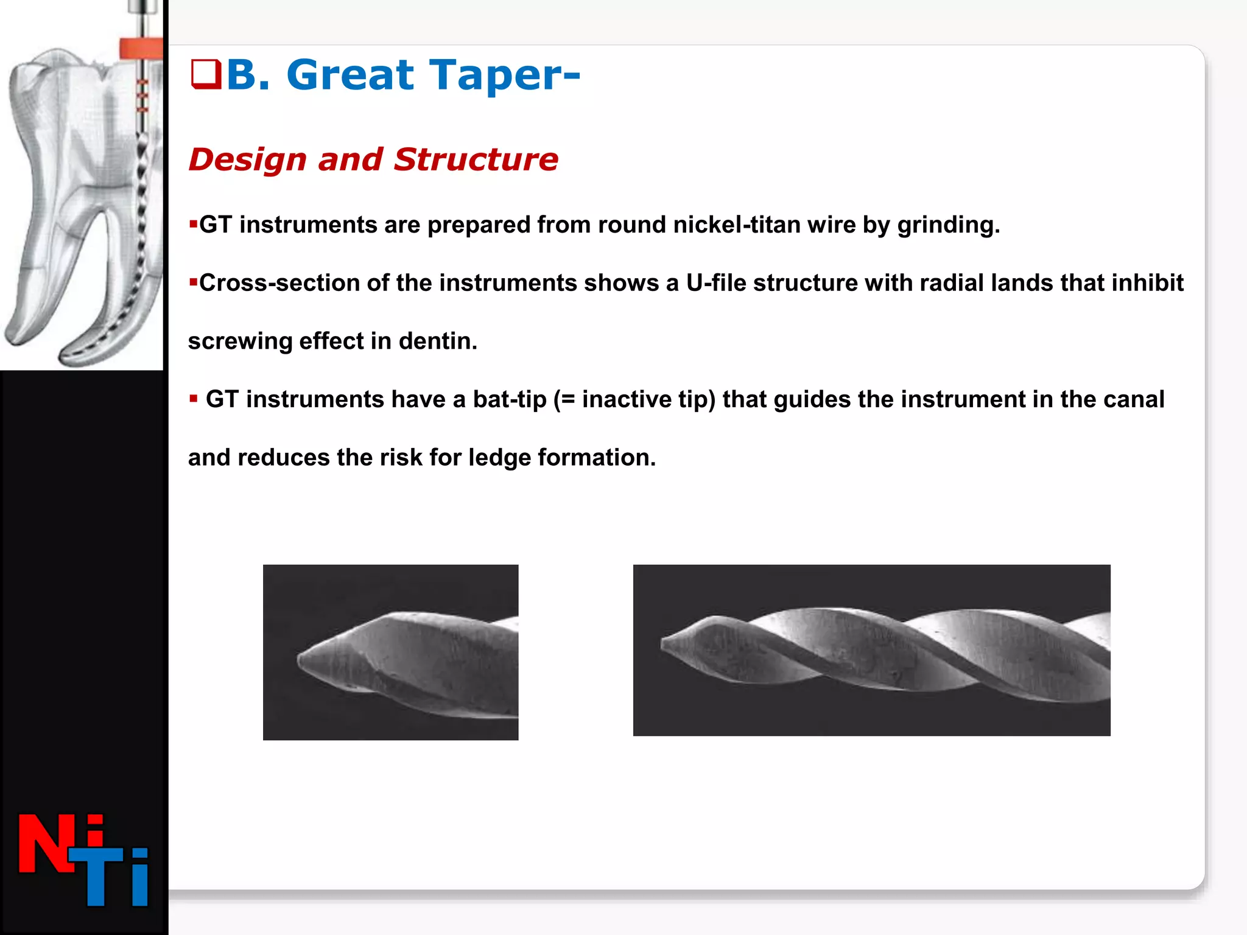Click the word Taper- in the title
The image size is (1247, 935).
(505, 75)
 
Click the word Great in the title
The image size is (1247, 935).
(350, 75)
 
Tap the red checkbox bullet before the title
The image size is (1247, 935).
(205, 74)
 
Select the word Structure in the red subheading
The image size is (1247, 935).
(476, 159)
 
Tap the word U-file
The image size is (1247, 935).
(716, 283)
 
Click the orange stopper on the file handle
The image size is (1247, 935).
(141, 48)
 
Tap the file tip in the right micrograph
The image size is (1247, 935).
(666, 642)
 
